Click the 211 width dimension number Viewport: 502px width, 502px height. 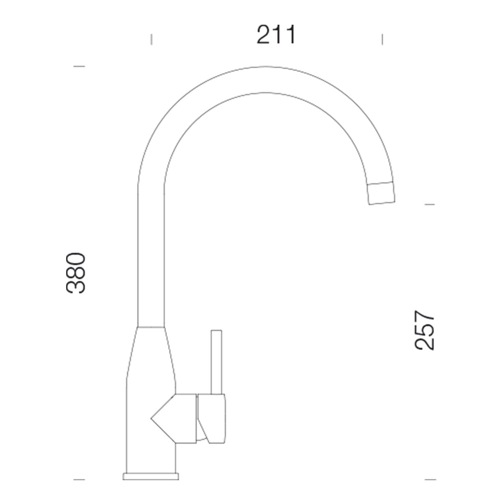[x=276, y=34]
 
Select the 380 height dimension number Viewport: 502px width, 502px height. [x=76, y=273]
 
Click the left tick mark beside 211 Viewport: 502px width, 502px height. [x=151, y=39]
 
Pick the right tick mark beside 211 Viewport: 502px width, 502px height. [x=382, y=39]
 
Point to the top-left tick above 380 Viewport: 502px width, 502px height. [x=79, y=67]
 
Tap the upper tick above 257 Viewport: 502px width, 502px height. [x=430, y=205]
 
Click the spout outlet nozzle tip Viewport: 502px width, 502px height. [x=381, y=193]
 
